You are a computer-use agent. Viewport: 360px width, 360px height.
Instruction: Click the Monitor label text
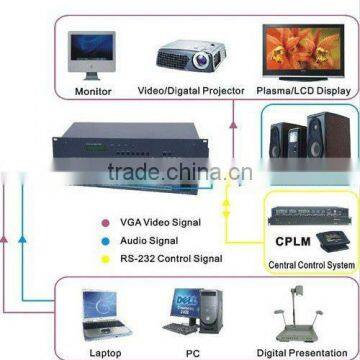tap(93, 92)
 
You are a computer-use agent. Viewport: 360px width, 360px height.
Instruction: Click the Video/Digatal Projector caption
tap(190, 92)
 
